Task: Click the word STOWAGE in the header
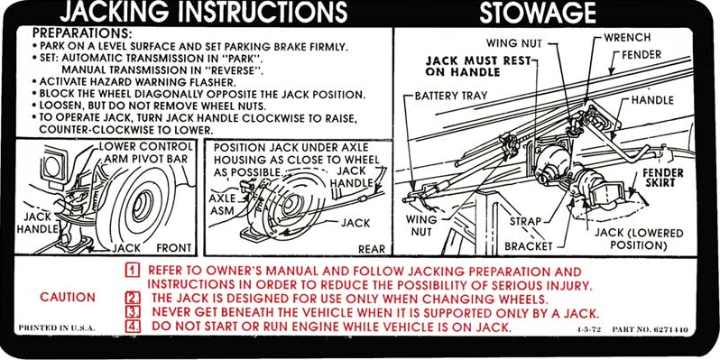[538, 14]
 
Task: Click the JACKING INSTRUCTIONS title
[203, 13]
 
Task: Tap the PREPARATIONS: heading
[82, 33]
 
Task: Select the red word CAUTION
[68, 297]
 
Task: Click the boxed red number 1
[133, 271]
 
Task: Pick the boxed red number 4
[133, 327]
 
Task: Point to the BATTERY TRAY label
[451, 97]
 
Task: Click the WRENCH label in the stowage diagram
[627, 38]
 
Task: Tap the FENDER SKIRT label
[662, 178]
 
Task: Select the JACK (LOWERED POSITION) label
[639, 240]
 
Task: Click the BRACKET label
[529, 247]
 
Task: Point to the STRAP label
[526, 221]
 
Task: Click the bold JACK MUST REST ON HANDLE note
[477, 67]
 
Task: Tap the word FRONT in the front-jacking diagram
[174, 248]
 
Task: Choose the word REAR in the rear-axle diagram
[372, 249]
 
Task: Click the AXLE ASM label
[221, 205]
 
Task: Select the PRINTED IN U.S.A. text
[57, 328]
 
